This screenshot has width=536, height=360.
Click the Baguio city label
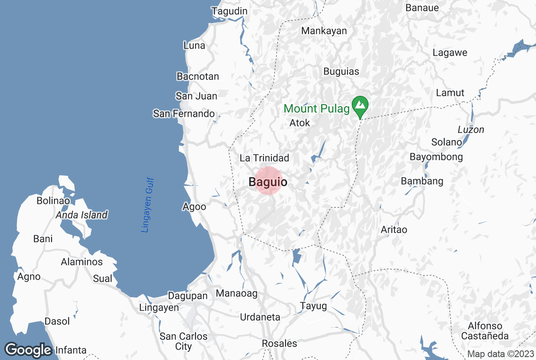click(268, 182)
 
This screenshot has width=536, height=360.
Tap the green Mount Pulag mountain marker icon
click(360, 105)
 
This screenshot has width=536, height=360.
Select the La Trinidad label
click(264, 158)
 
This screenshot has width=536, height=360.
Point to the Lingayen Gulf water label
click(148, 205)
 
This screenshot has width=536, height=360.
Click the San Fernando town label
click(184, 114)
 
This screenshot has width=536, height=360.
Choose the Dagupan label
click(188, 296)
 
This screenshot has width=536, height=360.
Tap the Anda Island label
click(82, 215)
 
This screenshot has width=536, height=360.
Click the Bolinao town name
click(53, 201)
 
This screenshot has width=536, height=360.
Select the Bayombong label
click(436, 157)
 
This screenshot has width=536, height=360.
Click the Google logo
click(29, 349)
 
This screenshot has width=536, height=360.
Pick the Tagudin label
click(230, 11)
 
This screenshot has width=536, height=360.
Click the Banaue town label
click(422, 8)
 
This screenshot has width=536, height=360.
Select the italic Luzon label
click(471, 130)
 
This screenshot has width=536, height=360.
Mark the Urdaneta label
click(260, 318)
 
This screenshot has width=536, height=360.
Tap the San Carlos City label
click(184, 341)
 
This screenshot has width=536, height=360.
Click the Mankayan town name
click(324, 31)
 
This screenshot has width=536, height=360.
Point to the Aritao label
click(394, 230)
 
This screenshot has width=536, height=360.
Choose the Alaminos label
click(82, 262)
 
